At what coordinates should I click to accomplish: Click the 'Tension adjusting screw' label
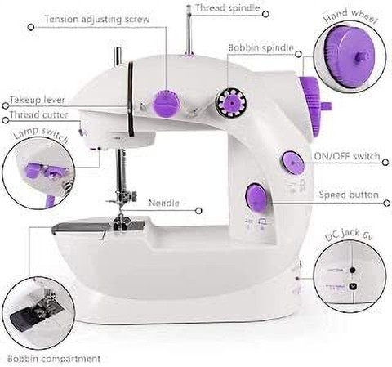click(97, 20)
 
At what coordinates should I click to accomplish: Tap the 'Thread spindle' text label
click(228, 7)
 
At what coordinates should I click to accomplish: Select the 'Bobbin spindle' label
click(261, 48)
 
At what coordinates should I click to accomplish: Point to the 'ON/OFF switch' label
click(347, 156)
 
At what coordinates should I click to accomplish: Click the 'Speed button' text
click(349, 195)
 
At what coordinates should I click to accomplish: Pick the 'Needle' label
click(164, 203)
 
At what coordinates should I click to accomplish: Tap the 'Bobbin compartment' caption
click(54, 359)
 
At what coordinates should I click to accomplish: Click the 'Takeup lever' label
click(37, 100)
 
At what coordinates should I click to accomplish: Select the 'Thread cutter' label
click(38, 114)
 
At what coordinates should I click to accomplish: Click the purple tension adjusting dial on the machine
click(167, 104)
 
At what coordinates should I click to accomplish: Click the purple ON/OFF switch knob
click(292, 163)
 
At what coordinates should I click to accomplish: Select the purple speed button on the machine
click(256, 197)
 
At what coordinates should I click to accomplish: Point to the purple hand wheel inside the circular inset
click(349, 56)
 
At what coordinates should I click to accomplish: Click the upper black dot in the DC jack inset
click(353, 271)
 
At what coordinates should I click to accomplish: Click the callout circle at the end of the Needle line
click(199, 210)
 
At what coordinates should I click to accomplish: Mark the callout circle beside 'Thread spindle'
click(266, 14)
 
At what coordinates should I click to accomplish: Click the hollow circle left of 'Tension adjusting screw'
click(31, 27)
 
